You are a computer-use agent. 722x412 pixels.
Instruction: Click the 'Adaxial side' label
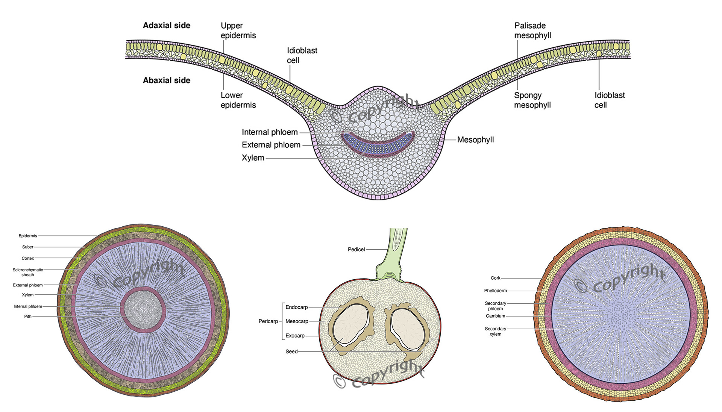(166, 26)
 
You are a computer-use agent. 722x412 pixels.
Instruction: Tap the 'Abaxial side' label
(166, 80)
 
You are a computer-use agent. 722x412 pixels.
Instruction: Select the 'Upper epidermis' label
(238, 30)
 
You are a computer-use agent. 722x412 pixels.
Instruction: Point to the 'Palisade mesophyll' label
(532, 30)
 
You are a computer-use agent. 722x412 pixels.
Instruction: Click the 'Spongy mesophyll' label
(532, 100)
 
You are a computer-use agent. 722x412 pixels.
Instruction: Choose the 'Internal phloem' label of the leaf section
(270, 132)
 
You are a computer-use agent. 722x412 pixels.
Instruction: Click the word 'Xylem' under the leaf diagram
(253, 158)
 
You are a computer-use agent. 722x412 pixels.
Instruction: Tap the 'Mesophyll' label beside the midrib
(475, 140)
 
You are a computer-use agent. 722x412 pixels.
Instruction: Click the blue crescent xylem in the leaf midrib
(378, 147)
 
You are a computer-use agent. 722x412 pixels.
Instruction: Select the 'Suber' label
(28, 247)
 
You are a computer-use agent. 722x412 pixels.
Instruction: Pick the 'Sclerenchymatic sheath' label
(28, 272)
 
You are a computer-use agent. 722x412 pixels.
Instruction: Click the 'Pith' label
(28, 317)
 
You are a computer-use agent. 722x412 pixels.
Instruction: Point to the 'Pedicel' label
(356, 250)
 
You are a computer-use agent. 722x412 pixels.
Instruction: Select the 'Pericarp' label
(268, 321)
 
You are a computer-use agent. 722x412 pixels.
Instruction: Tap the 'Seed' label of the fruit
(291, 352)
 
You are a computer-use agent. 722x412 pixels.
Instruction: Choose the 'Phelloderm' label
(495, 291)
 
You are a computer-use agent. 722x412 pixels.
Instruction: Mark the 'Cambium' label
(495, 316)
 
